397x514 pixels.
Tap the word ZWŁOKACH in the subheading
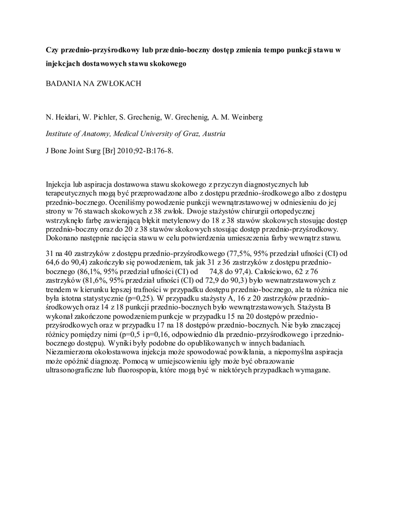118,83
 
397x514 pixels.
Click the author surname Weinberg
245,117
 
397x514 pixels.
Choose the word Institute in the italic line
60,134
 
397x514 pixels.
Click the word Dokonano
63,238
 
